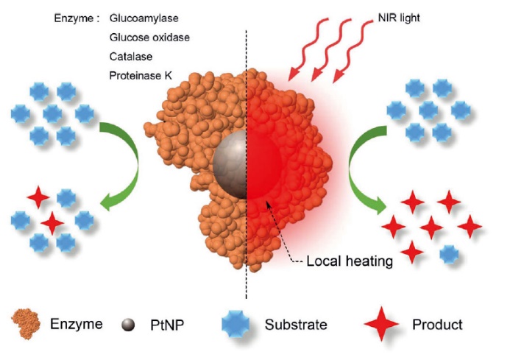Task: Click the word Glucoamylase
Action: coord(144,18)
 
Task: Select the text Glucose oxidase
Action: coord(149,38)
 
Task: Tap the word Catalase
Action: coord(131,57)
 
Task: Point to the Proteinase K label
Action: coord(141,76)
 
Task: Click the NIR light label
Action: coord(399,18)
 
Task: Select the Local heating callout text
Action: coord(350,261)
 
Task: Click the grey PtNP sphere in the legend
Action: coord(128,325)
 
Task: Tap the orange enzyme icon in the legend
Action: coord(26,324)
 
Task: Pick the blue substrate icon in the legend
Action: coord(235,324)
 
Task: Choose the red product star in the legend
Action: coord(381,324)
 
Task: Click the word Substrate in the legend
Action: coord(296,325)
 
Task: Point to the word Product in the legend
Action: coord(437,325)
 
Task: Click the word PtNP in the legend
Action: coord(167,325)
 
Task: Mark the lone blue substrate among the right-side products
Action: coord(449,255)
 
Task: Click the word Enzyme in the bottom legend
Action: coord(76,324)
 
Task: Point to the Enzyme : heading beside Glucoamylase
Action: coord(77,18)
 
